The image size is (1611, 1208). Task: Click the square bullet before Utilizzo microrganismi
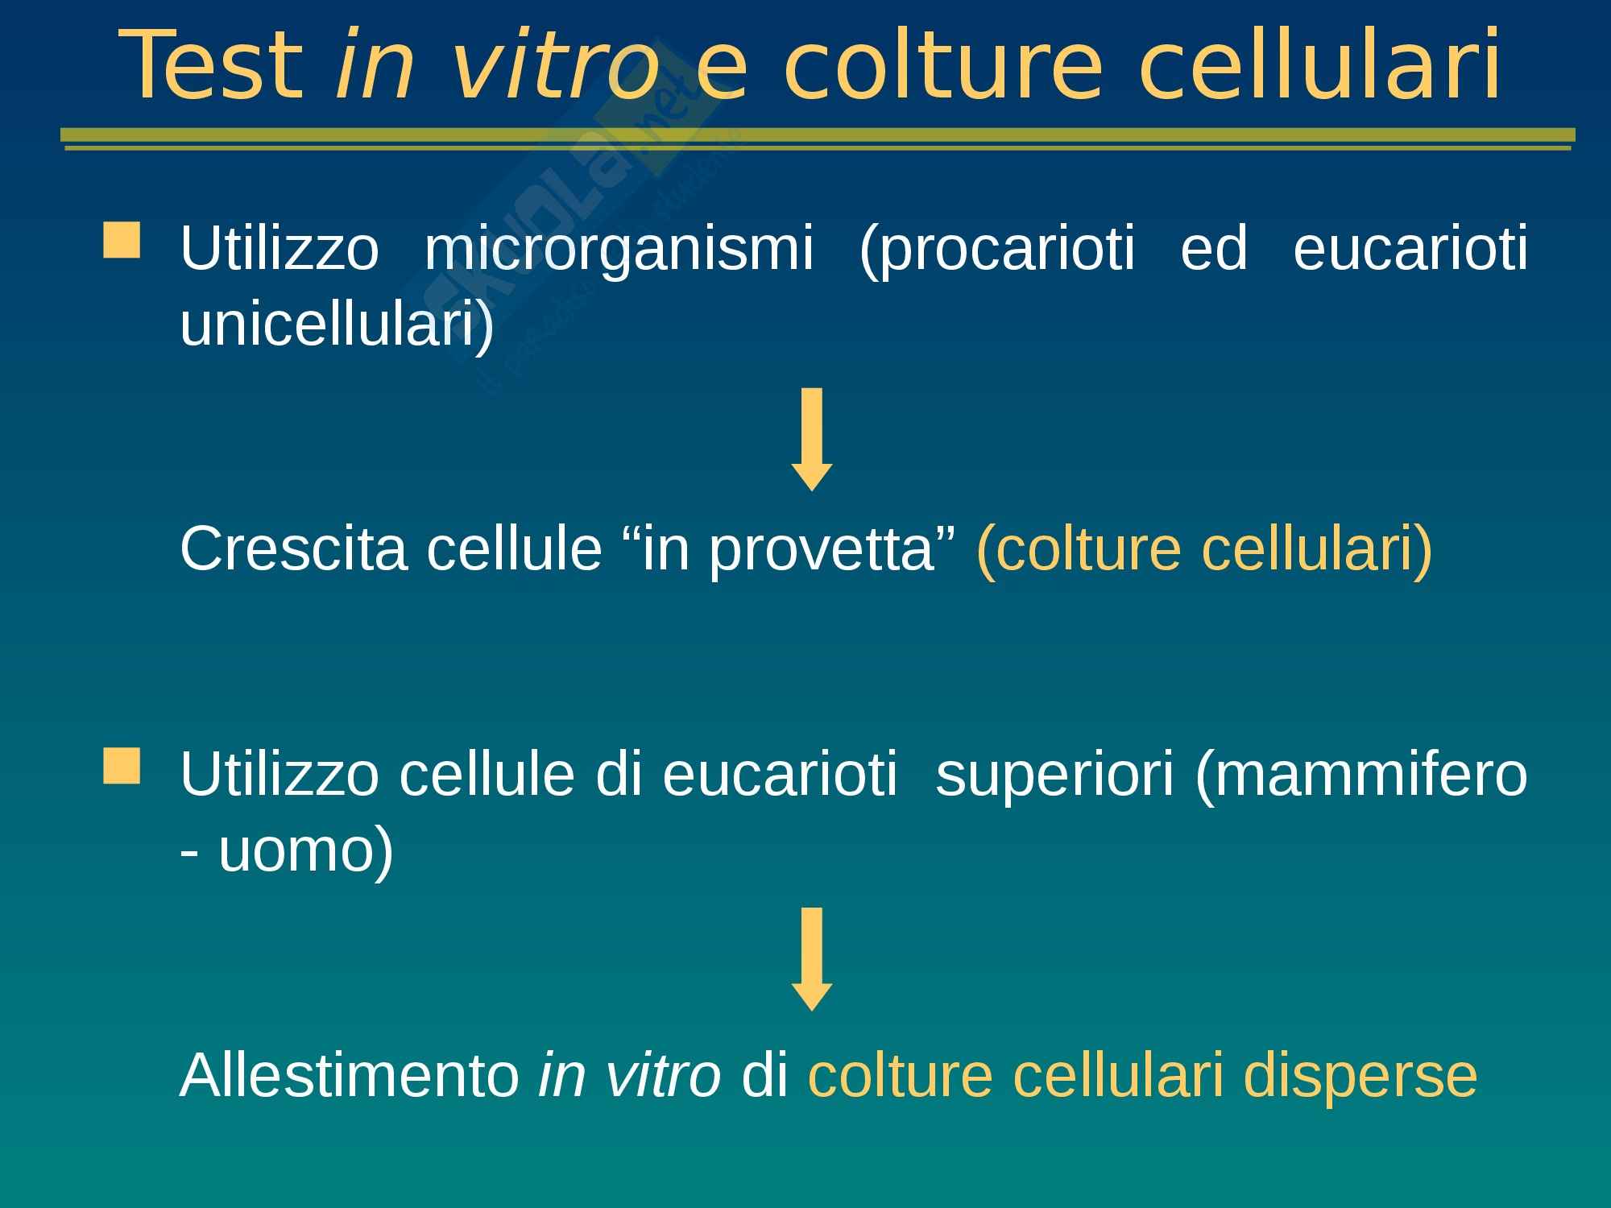(122, 242)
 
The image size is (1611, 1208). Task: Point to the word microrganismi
(618, 249)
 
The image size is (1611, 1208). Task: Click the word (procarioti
(997, 249)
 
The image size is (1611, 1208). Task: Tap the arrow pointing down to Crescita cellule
(812, 439)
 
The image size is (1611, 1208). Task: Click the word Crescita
(293, 548)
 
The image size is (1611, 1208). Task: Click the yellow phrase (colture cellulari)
(1205, 549)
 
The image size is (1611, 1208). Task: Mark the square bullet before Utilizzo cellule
(122, 766)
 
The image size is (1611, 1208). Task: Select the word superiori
(1055, 776)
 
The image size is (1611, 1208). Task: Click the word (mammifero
(1362, 774)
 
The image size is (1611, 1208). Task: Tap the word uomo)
(306, 850)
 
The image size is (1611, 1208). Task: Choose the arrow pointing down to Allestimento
(812, 959)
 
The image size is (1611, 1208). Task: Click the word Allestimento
(350, 1075)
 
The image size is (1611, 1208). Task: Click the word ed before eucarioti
(1214, 249)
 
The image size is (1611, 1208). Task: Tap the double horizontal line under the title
(818, 139)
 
